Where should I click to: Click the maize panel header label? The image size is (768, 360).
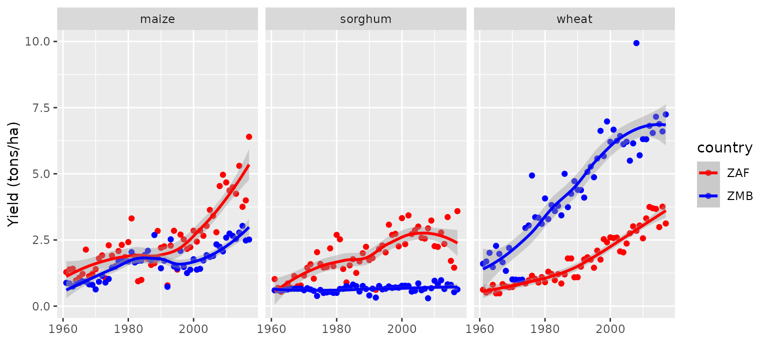[x=157, y=19]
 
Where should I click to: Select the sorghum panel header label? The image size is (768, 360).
[x=365, y=19]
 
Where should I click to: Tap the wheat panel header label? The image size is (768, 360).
[x=574, y=19]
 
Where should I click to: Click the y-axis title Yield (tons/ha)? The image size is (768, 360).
[x=13, y=174]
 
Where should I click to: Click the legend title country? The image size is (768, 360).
[x=725, y=148]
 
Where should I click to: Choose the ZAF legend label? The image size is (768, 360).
[x=738, y=173]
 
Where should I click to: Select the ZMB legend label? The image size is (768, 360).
[x=740, y=196]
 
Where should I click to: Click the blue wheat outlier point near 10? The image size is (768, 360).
[x=636, y=43]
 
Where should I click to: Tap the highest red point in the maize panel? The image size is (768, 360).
[x=249, y=137]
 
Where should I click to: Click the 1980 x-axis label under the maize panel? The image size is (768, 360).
[x=128, y=329]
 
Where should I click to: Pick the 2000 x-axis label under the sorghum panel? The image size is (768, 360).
[x=402, y=329]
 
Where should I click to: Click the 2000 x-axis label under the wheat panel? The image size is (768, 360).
[x=610, y=329]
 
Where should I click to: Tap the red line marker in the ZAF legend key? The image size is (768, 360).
[x=708, y=173]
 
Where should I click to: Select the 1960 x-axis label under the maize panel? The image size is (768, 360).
[x=62, y=329]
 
